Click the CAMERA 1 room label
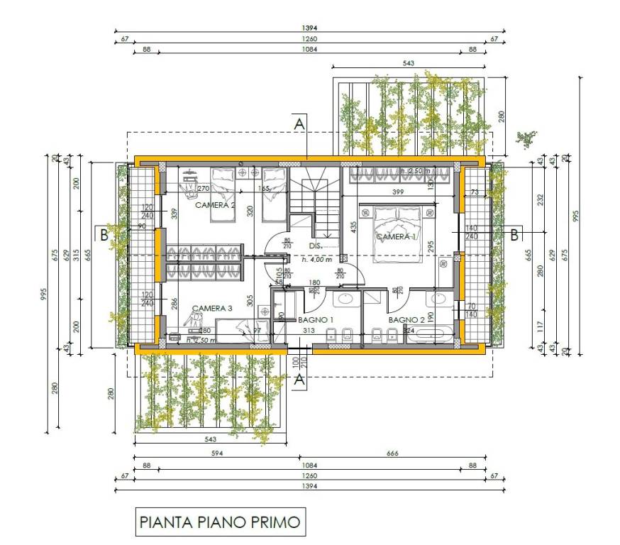click(396, 236)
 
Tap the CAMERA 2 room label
click(215, 205)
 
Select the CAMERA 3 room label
click(212, 309)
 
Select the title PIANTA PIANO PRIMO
click(220, 523)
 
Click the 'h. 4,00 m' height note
click(316, 259)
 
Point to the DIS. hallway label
click(316, 246)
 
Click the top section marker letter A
click(299, 123)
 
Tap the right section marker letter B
click(515, 233)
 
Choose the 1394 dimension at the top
click(310, 28)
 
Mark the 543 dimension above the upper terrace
click(409, 63)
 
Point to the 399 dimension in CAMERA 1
click(398, 192)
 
